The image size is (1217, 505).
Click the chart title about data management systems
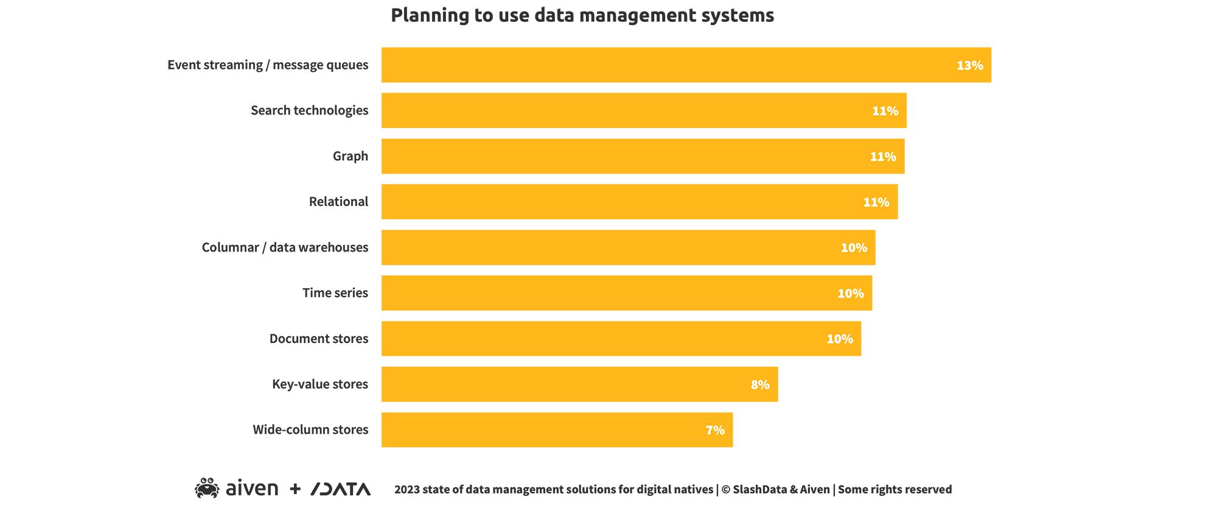click(582, 15)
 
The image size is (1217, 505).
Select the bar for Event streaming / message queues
click(669, 65)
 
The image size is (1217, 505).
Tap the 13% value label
click(969, 65)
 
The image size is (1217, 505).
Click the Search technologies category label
click(309, 110)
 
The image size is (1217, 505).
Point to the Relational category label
click(338, 202)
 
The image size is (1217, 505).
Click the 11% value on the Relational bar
click(876, 202)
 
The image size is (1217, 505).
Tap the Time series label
click(335, 293)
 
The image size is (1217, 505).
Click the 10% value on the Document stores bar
click(839, 339)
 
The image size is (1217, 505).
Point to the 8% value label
click(760, 385)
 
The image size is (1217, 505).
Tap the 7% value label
click(715, 431)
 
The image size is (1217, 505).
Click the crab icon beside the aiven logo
click(207, 488)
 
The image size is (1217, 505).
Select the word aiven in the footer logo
click(251, 489)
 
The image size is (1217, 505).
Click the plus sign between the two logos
click(295, 489)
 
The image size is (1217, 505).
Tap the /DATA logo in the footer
click(340, 489)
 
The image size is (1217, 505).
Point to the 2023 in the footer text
click(406, 490)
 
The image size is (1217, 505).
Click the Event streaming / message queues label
click(268, 65)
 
